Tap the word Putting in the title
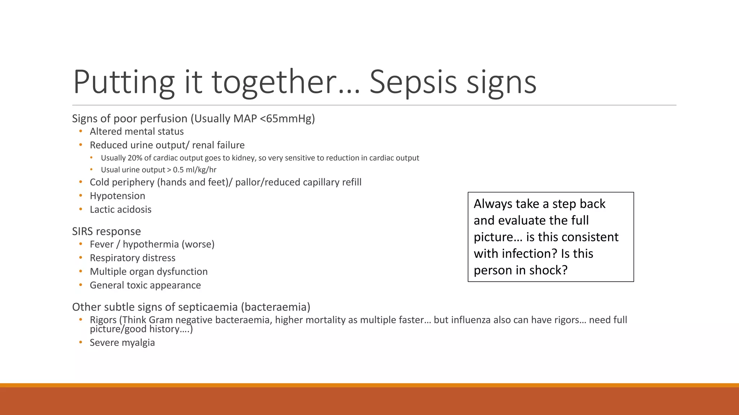pyautogui.click(x=124, y=82)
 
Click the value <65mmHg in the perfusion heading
pyautogui.click(x=287, y=119)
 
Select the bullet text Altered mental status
pyautogui.click(x=137, y=131)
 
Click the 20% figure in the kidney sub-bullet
pyautogui.click(x=135, y=158)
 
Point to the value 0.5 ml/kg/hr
pyautogui.click(x=194, y=170)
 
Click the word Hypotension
pyautogui.click(x=117, y=196)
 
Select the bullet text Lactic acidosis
pyautogui.click(x=121, y=209)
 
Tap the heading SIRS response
pyautogui.click(x=106, y=231)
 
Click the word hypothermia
pyautogui.click(x=151, y=244)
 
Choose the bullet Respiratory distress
pyautogui.click(x=132, y=258)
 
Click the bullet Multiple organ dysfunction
pyautogui.click(x=149, y=272)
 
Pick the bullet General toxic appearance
pyautogui.click(x=145, y=285)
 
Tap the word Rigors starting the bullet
pyautogui.click(x=103, y=320)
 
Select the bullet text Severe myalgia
pyautogui.click(x=122, y=343)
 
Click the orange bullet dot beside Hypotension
pyautogui.click(x=81, y=196)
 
